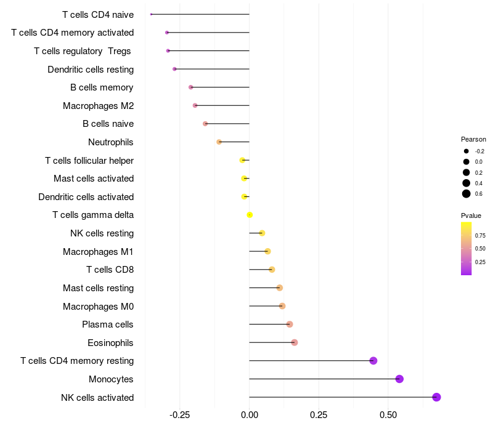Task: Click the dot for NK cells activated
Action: [436, 397]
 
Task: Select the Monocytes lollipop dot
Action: [399, 379]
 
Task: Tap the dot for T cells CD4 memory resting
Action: [373, 361]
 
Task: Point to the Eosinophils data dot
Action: [294, 342]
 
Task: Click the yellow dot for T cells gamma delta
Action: [250, 215]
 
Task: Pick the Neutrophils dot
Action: [219, 142]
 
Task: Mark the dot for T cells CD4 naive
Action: [151, 14]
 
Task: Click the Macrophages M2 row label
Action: [98, 106]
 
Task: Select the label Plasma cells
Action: [108, 324]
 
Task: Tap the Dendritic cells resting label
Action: [91, 70]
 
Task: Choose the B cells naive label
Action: [108, 124]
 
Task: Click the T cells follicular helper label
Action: [89, 161]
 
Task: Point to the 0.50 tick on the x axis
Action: [388, 416]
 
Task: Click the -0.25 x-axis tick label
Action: [179, 416]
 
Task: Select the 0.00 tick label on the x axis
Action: [249, 416]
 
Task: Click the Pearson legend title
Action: [473, 139]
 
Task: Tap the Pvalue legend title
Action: [471, 216]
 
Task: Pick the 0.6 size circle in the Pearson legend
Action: [467, 194]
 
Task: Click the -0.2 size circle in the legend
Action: [467, 151]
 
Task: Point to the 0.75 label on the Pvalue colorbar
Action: [480, 235]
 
